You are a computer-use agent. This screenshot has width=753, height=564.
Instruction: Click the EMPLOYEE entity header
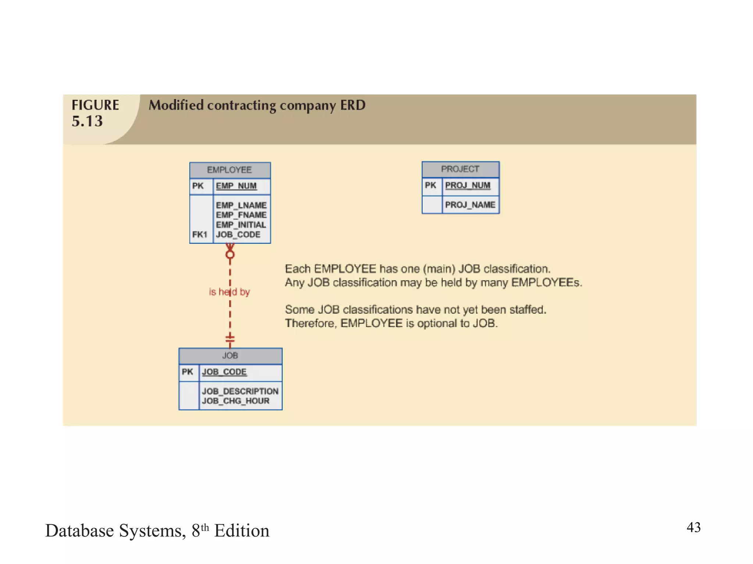[229, 170]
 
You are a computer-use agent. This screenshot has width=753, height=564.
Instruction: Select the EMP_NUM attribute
[236, 186]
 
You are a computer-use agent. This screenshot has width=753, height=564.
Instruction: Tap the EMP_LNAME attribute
[241, 205]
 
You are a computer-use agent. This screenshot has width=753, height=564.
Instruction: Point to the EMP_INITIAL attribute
[240, 225]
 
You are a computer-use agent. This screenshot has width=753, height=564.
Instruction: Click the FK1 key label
[200, 235]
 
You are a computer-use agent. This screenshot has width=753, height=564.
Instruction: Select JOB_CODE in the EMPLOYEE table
[238, 235]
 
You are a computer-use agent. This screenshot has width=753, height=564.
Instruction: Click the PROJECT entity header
[460, 169]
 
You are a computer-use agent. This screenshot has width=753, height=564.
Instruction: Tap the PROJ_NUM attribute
[467, 185]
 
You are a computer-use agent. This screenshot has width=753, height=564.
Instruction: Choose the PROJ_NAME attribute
[470, 205]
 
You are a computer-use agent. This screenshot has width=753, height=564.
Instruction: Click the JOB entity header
[230, 355]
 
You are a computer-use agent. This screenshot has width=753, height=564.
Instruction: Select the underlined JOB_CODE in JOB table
[224, 372]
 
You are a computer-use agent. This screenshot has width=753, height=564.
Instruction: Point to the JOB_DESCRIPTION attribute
[240, 391]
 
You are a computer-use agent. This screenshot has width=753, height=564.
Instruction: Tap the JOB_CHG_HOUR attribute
[235, 401]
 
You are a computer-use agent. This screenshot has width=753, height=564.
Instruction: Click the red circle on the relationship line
[230, 254]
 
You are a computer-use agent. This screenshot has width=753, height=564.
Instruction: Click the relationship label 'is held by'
[229, 292]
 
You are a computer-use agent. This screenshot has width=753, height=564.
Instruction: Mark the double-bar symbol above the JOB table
[230, 339]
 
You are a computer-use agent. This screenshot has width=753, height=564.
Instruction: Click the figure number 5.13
[87, 121]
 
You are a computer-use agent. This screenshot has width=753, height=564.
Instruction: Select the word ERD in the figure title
[353, 105]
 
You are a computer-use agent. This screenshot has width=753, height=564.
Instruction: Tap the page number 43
[693, 527]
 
